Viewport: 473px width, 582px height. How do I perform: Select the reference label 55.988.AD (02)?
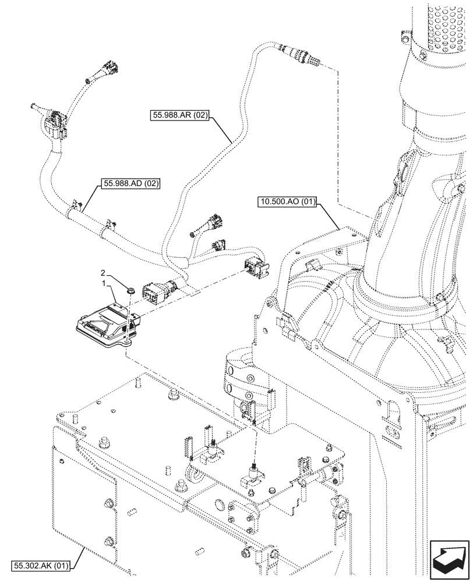131,183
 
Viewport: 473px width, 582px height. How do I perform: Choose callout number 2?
103,272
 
